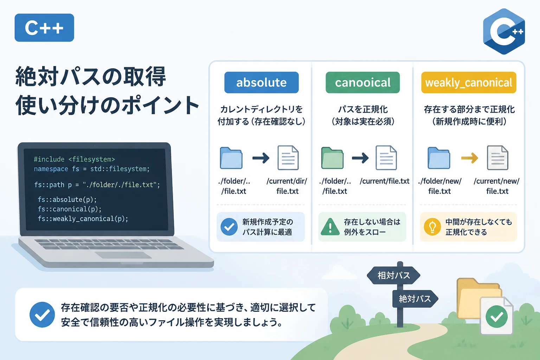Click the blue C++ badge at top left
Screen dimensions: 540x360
[44, 28]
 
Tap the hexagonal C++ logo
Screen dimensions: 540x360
[504, 31]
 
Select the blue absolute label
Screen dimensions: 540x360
[262, 83]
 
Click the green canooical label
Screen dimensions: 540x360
[362, 83]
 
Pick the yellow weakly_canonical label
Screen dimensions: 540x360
[469, 83]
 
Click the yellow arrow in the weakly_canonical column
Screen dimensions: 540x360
[470, 158]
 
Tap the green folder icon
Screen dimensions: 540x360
[332, 158]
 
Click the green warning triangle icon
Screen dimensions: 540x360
[330, 227]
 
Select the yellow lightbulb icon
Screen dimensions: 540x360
[432, 227]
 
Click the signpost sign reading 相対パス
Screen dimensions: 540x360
[394, 275]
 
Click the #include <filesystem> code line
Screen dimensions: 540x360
[74, 159]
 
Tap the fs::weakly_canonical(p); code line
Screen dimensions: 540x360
[83, 219]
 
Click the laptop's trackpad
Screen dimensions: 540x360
[123, 255]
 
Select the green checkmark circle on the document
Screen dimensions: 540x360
[497, 317]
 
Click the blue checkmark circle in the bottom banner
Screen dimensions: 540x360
[42, 315]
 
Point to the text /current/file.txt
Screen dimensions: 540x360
[385, 181]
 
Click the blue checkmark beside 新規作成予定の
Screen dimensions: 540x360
[229, 227]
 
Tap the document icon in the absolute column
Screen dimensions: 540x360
[288, 158]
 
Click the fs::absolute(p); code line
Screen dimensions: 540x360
[67, 199]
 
